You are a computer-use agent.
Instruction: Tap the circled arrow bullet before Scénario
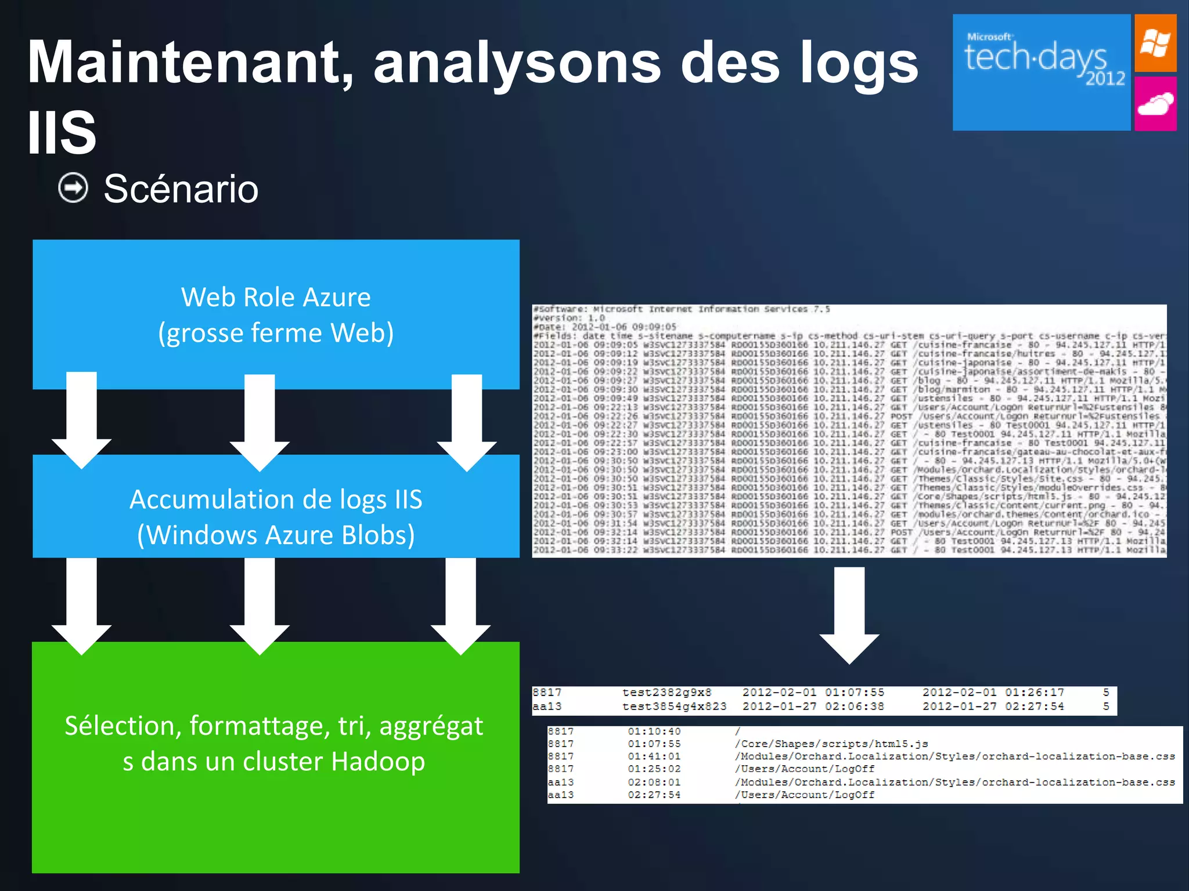(73, 188)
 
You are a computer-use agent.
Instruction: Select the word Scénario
(181, 189)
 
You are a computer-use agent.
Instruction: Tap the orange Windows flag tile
(1155, 44)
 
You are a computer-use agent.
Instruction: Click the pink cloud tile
(1155, 104)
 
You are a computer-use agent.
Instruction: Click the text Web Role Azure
(276, 297)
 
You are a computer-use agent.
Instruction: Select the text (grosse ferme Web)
(276, 333)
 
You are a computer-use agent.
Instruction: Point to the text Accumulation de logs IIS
(276, 499)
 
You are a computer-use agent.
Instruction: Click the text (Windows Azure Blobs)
(276, 535)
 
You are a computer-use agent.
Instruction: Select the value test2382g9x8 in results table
(666, 693)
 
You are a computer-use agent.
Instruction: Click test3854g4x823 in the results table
(674, 707)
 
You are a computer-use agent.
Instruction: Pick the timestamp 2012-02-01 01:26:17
(993, 693)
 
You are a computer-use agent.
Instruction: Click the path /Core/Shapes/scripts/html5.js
(831, 744)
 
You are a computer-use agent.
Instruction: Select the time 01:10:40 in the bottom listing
(654, 731)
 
